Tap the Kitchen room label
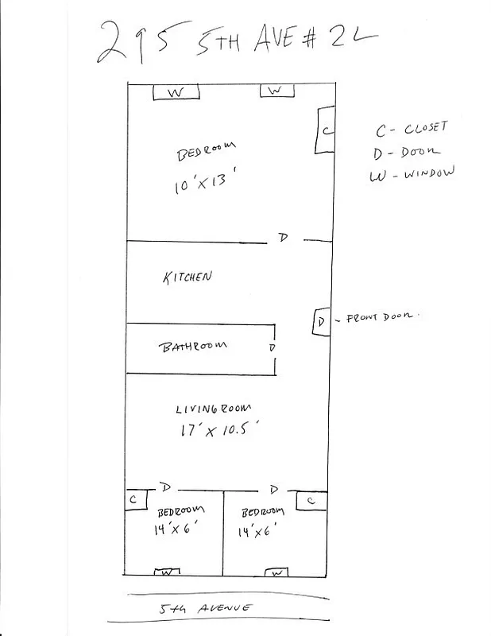point(187,277)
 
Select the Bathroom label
point(194,346)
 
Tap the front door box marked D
point(320,322)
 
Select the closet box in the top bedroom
point(325,130)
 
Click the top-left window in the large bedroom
point(176,93)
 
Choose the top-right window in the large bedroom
point(274,91)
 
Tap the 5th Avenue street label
point(206,608)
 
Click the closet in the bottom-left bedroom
point(134,498)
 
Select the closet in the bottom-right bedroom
point(311,501)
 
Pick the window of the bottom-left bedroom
point(167,572)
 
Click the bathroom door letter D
point(272,348)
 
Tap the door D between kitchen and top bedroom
point(282,237)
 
